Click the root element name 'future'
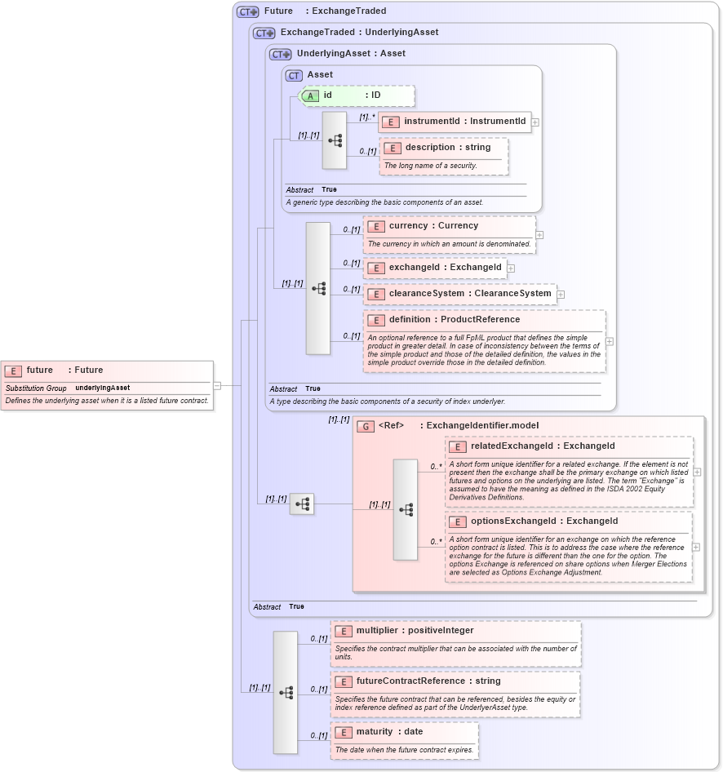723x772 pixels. click(x=39, y=370)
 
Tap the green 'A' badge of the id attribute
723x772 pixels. click(x=310, y=95)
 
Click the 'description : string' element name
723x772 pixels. click(x=447, y=148)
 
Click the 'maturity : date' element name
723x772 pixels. click(x=389, y=732)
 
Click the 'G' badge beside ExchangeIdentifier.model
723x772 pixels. click(x=366, y=426)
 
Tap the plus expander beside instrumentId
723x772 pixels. click(x=535, y=122)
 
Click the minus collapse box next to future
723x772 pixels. click(x=217, y=385)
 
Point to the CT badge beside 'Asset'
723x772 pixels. click(x=294, y=75)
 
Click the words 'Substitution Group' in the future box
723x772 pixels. click(x=36, y=388)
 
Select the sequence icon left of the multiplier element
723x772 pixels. click(x=286, y=692)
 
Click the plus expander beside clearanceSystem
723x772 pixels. click(x=561, y=295)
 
